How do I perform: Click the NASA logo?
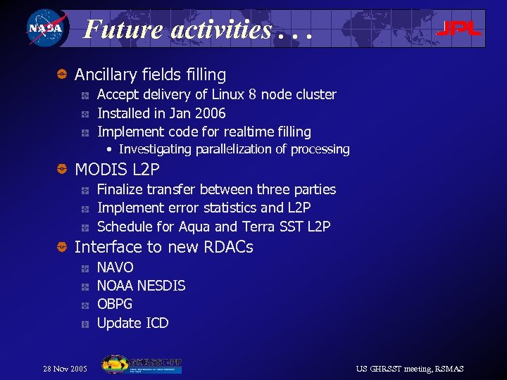point(44,29)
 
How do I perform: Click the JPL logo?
point(458,29)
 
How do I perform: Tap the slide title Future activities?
point(196,30)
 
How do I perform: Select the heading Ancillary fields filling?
point(150,75)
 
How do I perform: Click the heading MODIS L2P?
point(117,170)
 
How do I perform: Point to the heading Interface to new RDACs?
point(163,247)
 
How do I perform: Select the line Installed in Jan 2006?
point(161,113)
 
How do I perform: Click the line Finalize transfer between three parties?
point(216,189)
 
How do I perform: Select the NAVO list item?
point(115,267)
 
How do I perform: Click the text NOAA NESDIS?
point(141,286)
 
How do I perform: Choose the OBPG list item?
point(114,304)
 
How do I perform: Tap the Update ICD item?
point(132,323)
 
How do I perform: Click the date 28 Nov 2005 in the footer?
point(65,369)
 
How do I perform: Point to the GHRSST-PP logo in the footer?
point(142,365)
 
